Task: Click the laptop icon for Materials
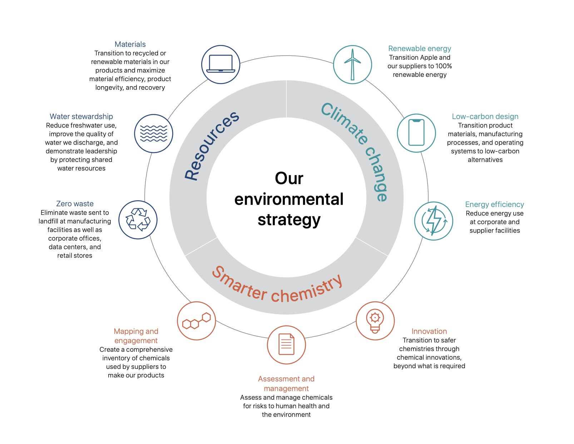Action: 221,64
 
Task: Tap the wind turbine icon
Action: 352,64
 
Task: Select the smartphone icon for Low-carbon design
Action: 416,133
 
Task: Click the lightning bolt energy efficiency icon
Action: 434,221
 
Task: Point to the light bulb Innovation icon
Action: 375,321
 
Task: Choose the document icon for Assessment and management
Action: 286,345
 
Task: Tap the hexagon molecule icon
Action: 196,321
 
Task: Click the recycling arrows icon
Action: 138,219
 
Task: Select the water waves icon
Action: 154,133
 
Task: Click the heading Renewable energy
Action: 420,49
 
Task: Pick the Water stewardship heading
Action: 81,117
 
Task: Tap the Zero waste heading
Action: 75,204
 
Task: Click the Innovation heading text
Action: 429,331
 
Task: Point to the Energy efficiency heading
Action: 494,204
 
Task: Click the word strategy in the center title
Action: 289,220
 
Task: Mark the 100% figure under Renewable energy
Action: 443,66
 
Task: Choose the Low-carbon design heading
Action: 485,117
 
